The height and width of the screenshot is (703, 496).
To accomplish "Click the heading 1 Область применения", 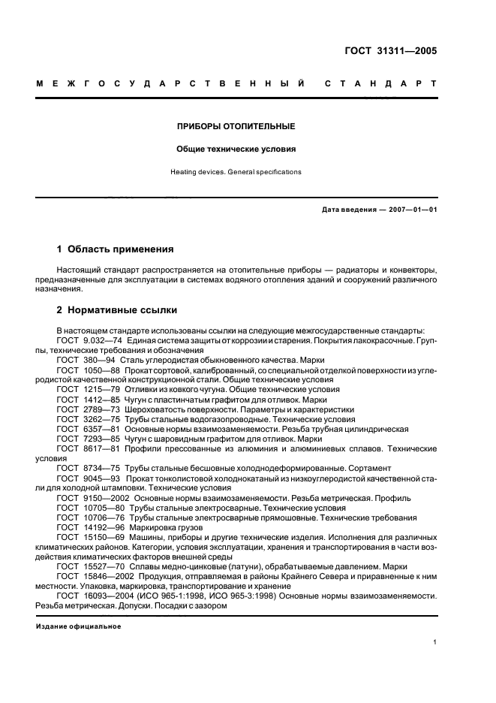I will [x=116, y=249].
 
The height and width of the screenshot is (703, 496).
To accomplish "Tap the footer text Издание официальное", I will [x=79, y=626].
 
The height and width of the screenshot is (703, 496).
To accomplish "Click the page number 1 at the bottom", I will [x=435, y=642].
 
